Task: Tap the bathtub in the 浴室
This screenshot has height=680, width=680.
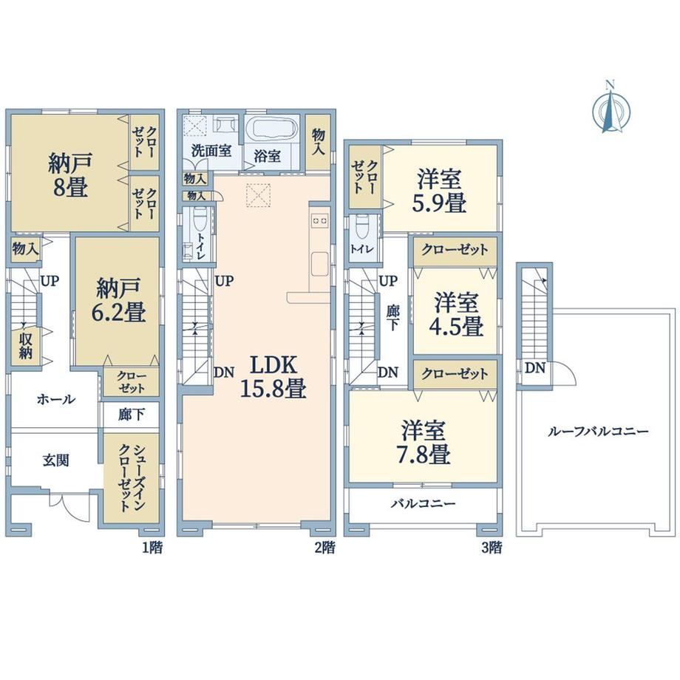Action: pos(271,129)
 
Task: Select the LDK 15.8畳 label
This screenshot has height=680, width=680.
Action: pos(273,376)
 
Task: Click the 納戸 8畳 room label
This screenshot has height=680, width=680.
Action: pos(70,174)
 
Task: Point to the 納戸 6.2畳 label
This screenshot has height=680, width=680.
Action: pos(118,300)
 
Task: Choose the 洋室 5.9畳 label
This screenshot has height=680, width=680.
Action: pos(439,191)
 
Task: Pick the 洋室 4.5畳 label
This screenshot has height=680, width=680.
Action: pos(456,314)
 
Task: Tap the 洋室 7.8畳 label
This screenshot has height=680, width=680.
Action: pos(424,442)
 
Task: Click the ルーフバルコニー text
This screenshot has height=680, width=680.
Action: pos(598,432)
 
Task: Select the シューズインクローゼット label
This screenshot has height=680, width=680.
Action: pos(132,477)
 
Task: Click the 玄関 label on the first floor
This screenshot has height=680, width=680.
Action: pos(56,460)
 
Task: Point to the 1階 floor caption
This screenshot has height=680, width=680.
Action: pos(153,547)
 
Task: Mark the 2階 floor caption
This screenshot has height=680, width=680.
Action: pos(324,547)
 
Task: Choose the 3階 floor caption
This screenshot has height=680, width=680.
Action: pos(492,547)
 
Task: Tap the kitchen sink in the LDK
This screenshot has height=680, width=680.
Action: pos(319,264)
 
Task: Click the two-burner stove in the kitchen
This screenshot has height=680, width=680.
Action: pos(319,221)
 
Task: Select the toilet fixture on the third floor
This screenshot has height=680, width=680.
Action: pos(361,225)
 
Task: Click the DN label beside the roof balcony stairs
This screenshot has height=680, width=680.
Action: pos(534,368)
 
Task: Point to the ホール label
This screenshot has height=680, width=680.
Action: pos(56,399)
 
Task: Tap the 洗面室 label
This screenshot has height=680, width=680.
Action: pos(211,151)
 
